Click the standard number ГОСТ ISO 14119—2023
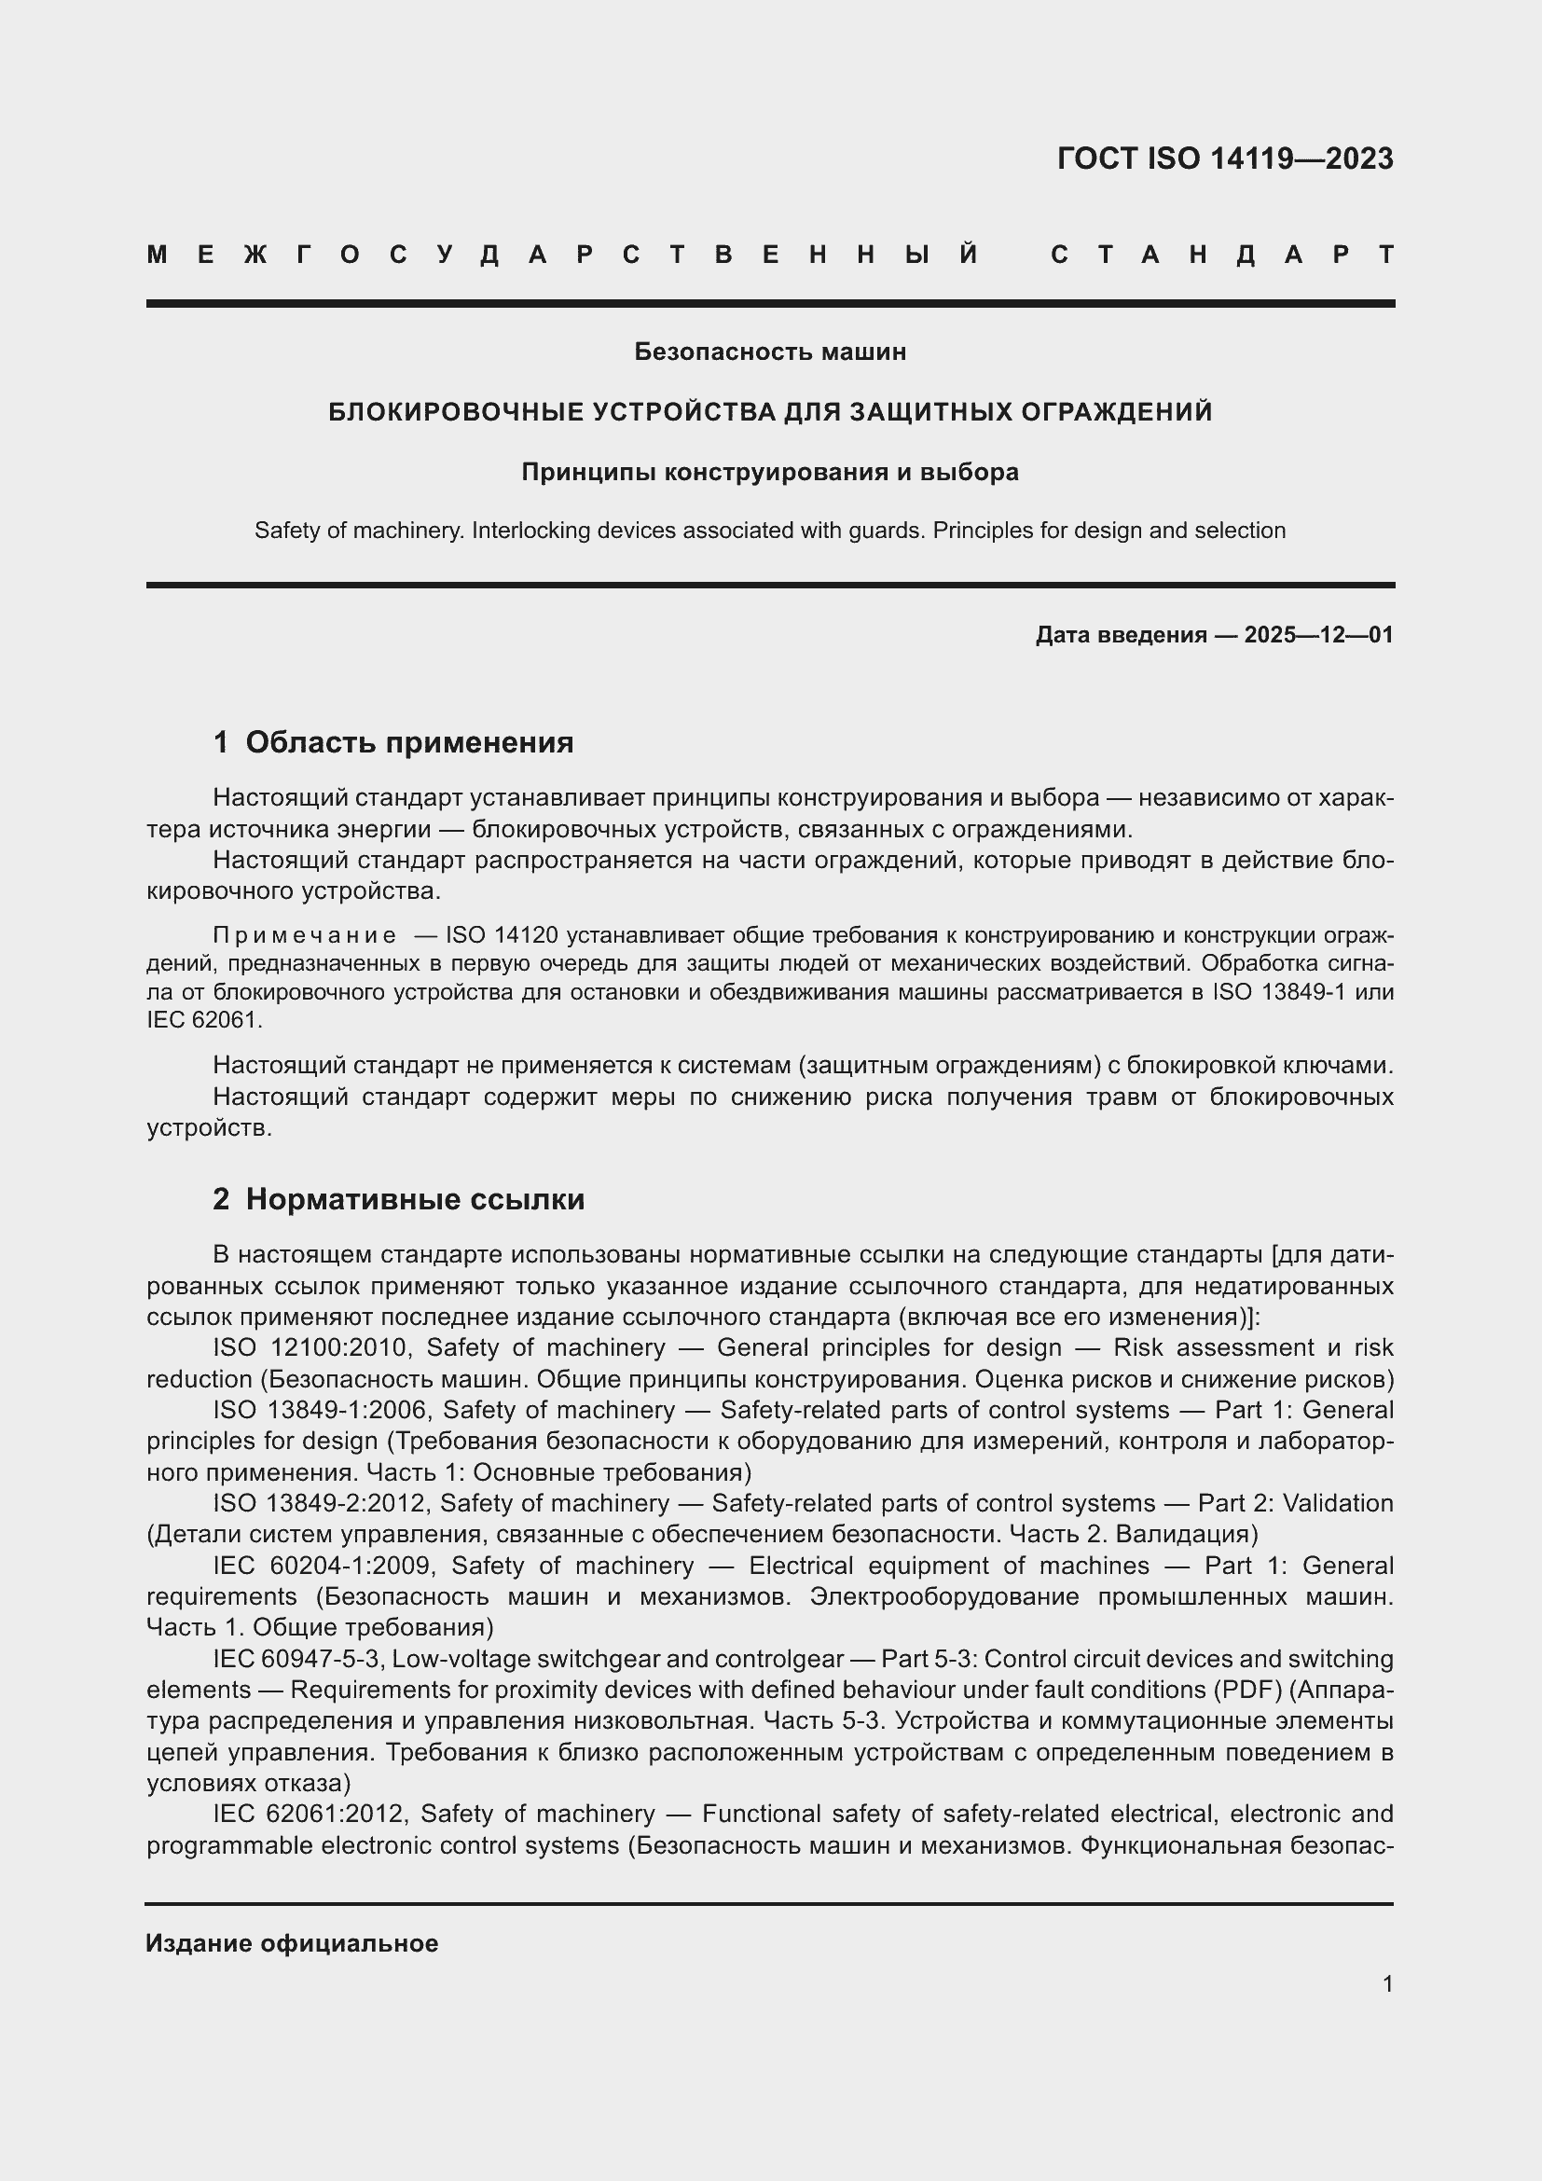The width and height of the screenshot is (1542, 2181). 1225,159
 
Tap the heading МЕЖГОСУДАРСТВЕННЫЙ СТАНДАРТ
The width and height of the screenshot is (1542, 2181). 770,255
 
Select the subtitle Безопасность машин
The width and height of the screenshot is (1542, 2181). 770,352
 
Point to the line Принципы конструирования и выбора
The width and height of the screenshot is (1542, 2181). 770,472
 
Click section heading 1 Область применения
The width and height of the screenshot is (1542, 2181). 393,742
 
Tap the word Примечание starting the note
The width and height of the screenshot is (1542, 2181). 305,936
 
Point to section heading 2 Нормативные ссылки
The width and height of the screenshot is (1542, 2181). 399,1200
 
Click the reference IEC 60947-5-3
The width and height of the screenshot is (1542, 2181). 295,1659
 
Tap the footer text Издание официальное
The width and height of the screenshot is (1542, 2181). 293,1943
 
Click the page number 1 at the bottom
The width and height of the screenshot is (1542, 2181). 1387,1984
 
